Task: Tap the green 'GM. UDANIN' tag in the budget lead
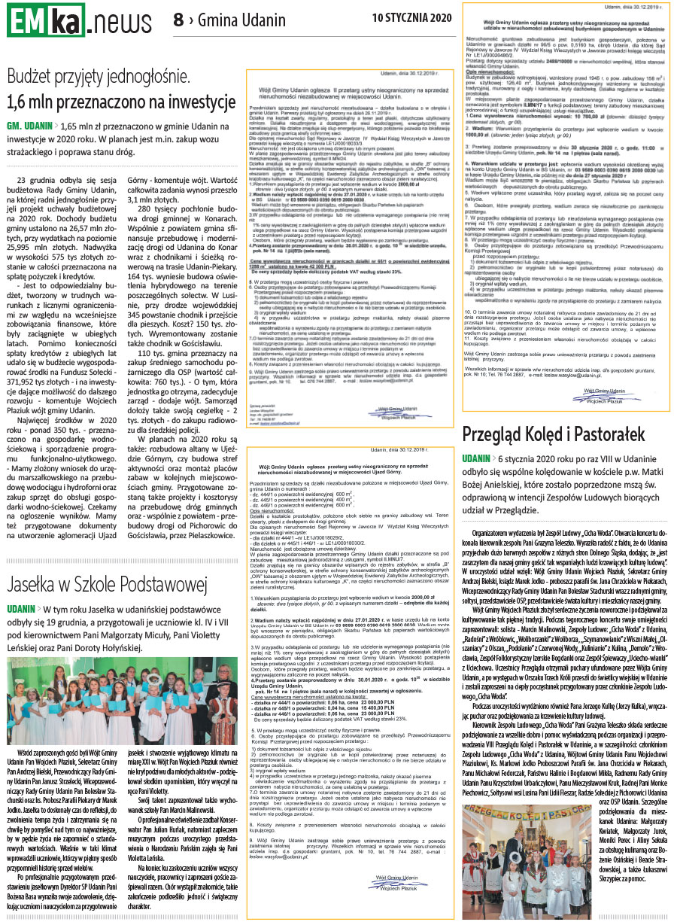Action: coord(29,127)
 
